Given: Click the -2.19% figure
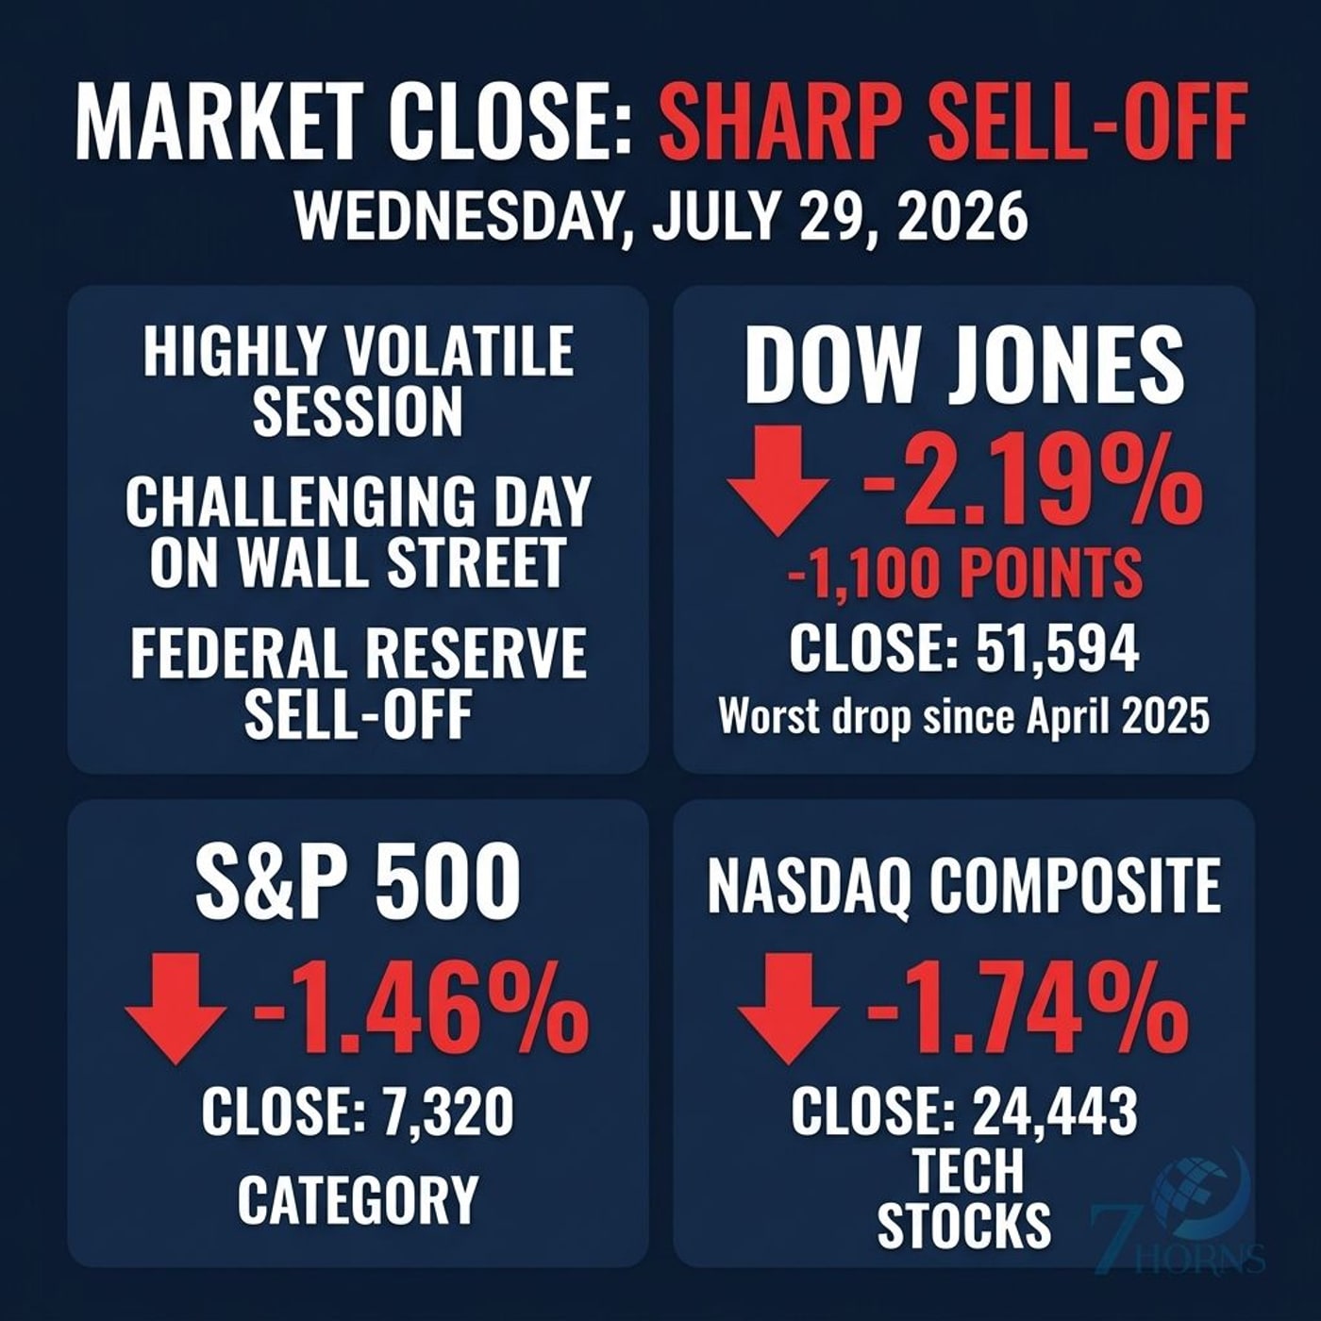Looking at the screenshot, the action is click(x=1029, y=482).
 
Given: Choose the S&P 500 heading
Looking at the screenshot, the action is click(x=358, y=881).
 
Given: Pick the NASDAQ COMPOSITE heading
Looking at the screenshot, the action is click(x=963, y=885).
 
